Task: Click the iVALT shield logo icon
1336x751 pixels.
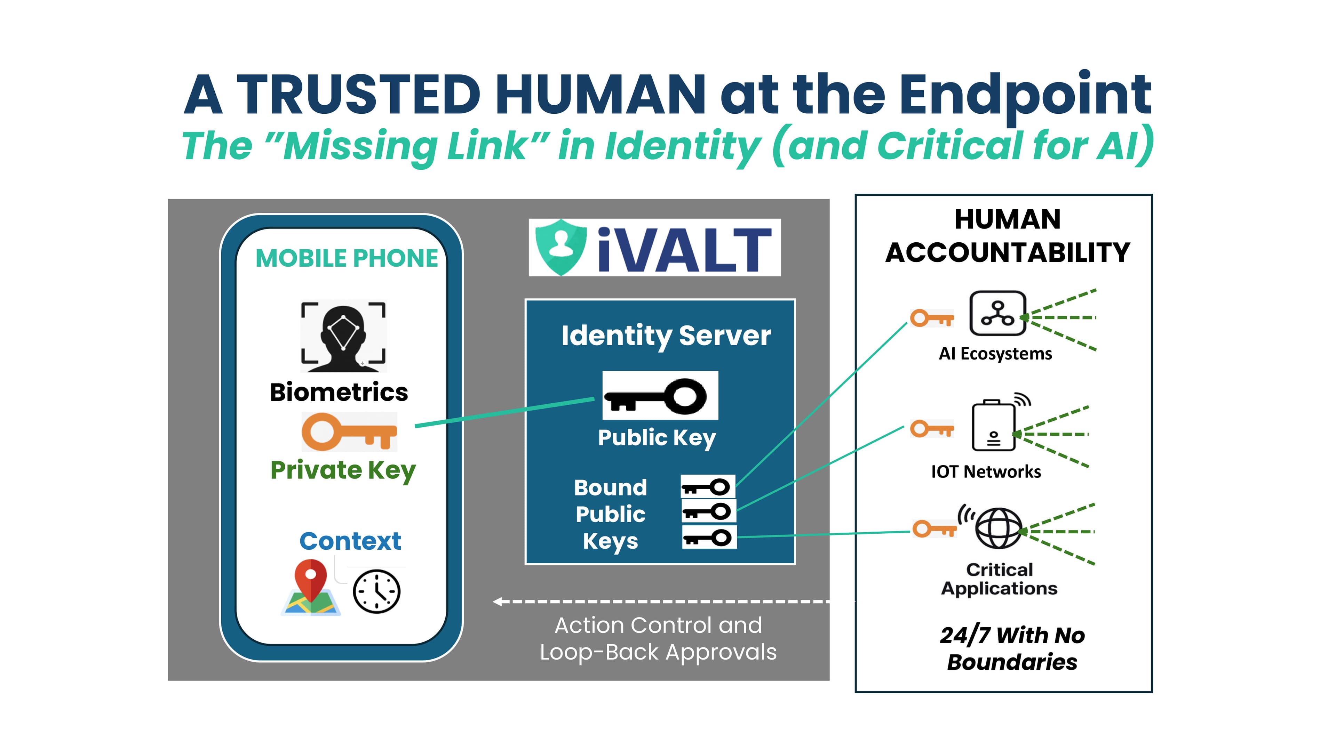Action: tap(560, 247)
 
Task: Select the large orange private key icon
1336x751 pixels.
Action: tap(349, 431)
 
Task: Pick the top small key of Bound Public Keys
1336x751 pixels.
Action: tap(707, 487)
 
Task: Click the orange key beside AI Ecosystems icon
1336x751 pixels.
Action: tap(931, 318)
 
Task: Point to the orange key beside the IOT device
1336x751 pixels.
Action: tap(931, 429)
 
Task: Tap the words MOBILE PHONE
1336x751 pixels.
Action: tap(347, 258)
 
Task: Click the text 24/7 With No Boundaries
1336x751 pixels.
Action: tap(1011, 648)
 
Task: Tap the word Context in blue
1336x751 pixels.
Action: tap(350, 541)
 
